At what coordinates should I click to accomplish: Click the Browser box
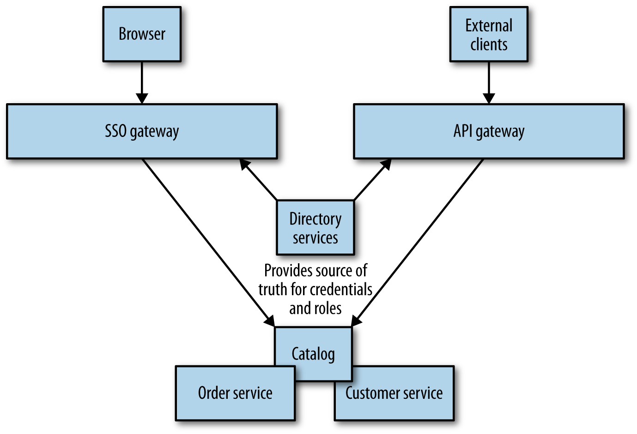click(142, 34)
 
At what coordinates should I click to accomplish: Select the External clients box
click(489, 34)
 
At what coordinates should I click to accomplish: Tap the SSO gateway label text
click(142, 131)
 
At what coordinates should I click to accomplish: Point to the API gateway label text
click(489, 131)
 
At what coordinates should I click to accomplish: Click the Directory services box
click(315, 228)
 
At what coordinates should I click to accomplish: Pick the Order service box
click(235, 393)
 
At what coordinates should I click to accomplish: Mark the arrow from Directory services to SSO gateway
click(259, 180)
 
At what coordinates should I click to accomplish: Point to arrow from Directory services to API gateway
click(372, 180)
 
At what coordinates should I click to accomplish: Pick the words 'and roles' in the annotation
click(315, 308)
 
